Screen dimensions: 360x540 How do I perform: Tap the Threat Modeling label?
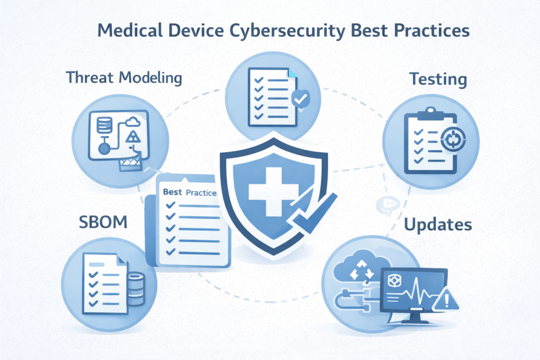click(x=124, y=77)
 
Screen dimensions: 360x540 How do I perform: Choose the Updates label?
click(x=438, y=225)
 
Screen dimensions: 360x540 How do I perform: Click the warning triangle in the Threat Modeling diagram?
click(x=133, y=139)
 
